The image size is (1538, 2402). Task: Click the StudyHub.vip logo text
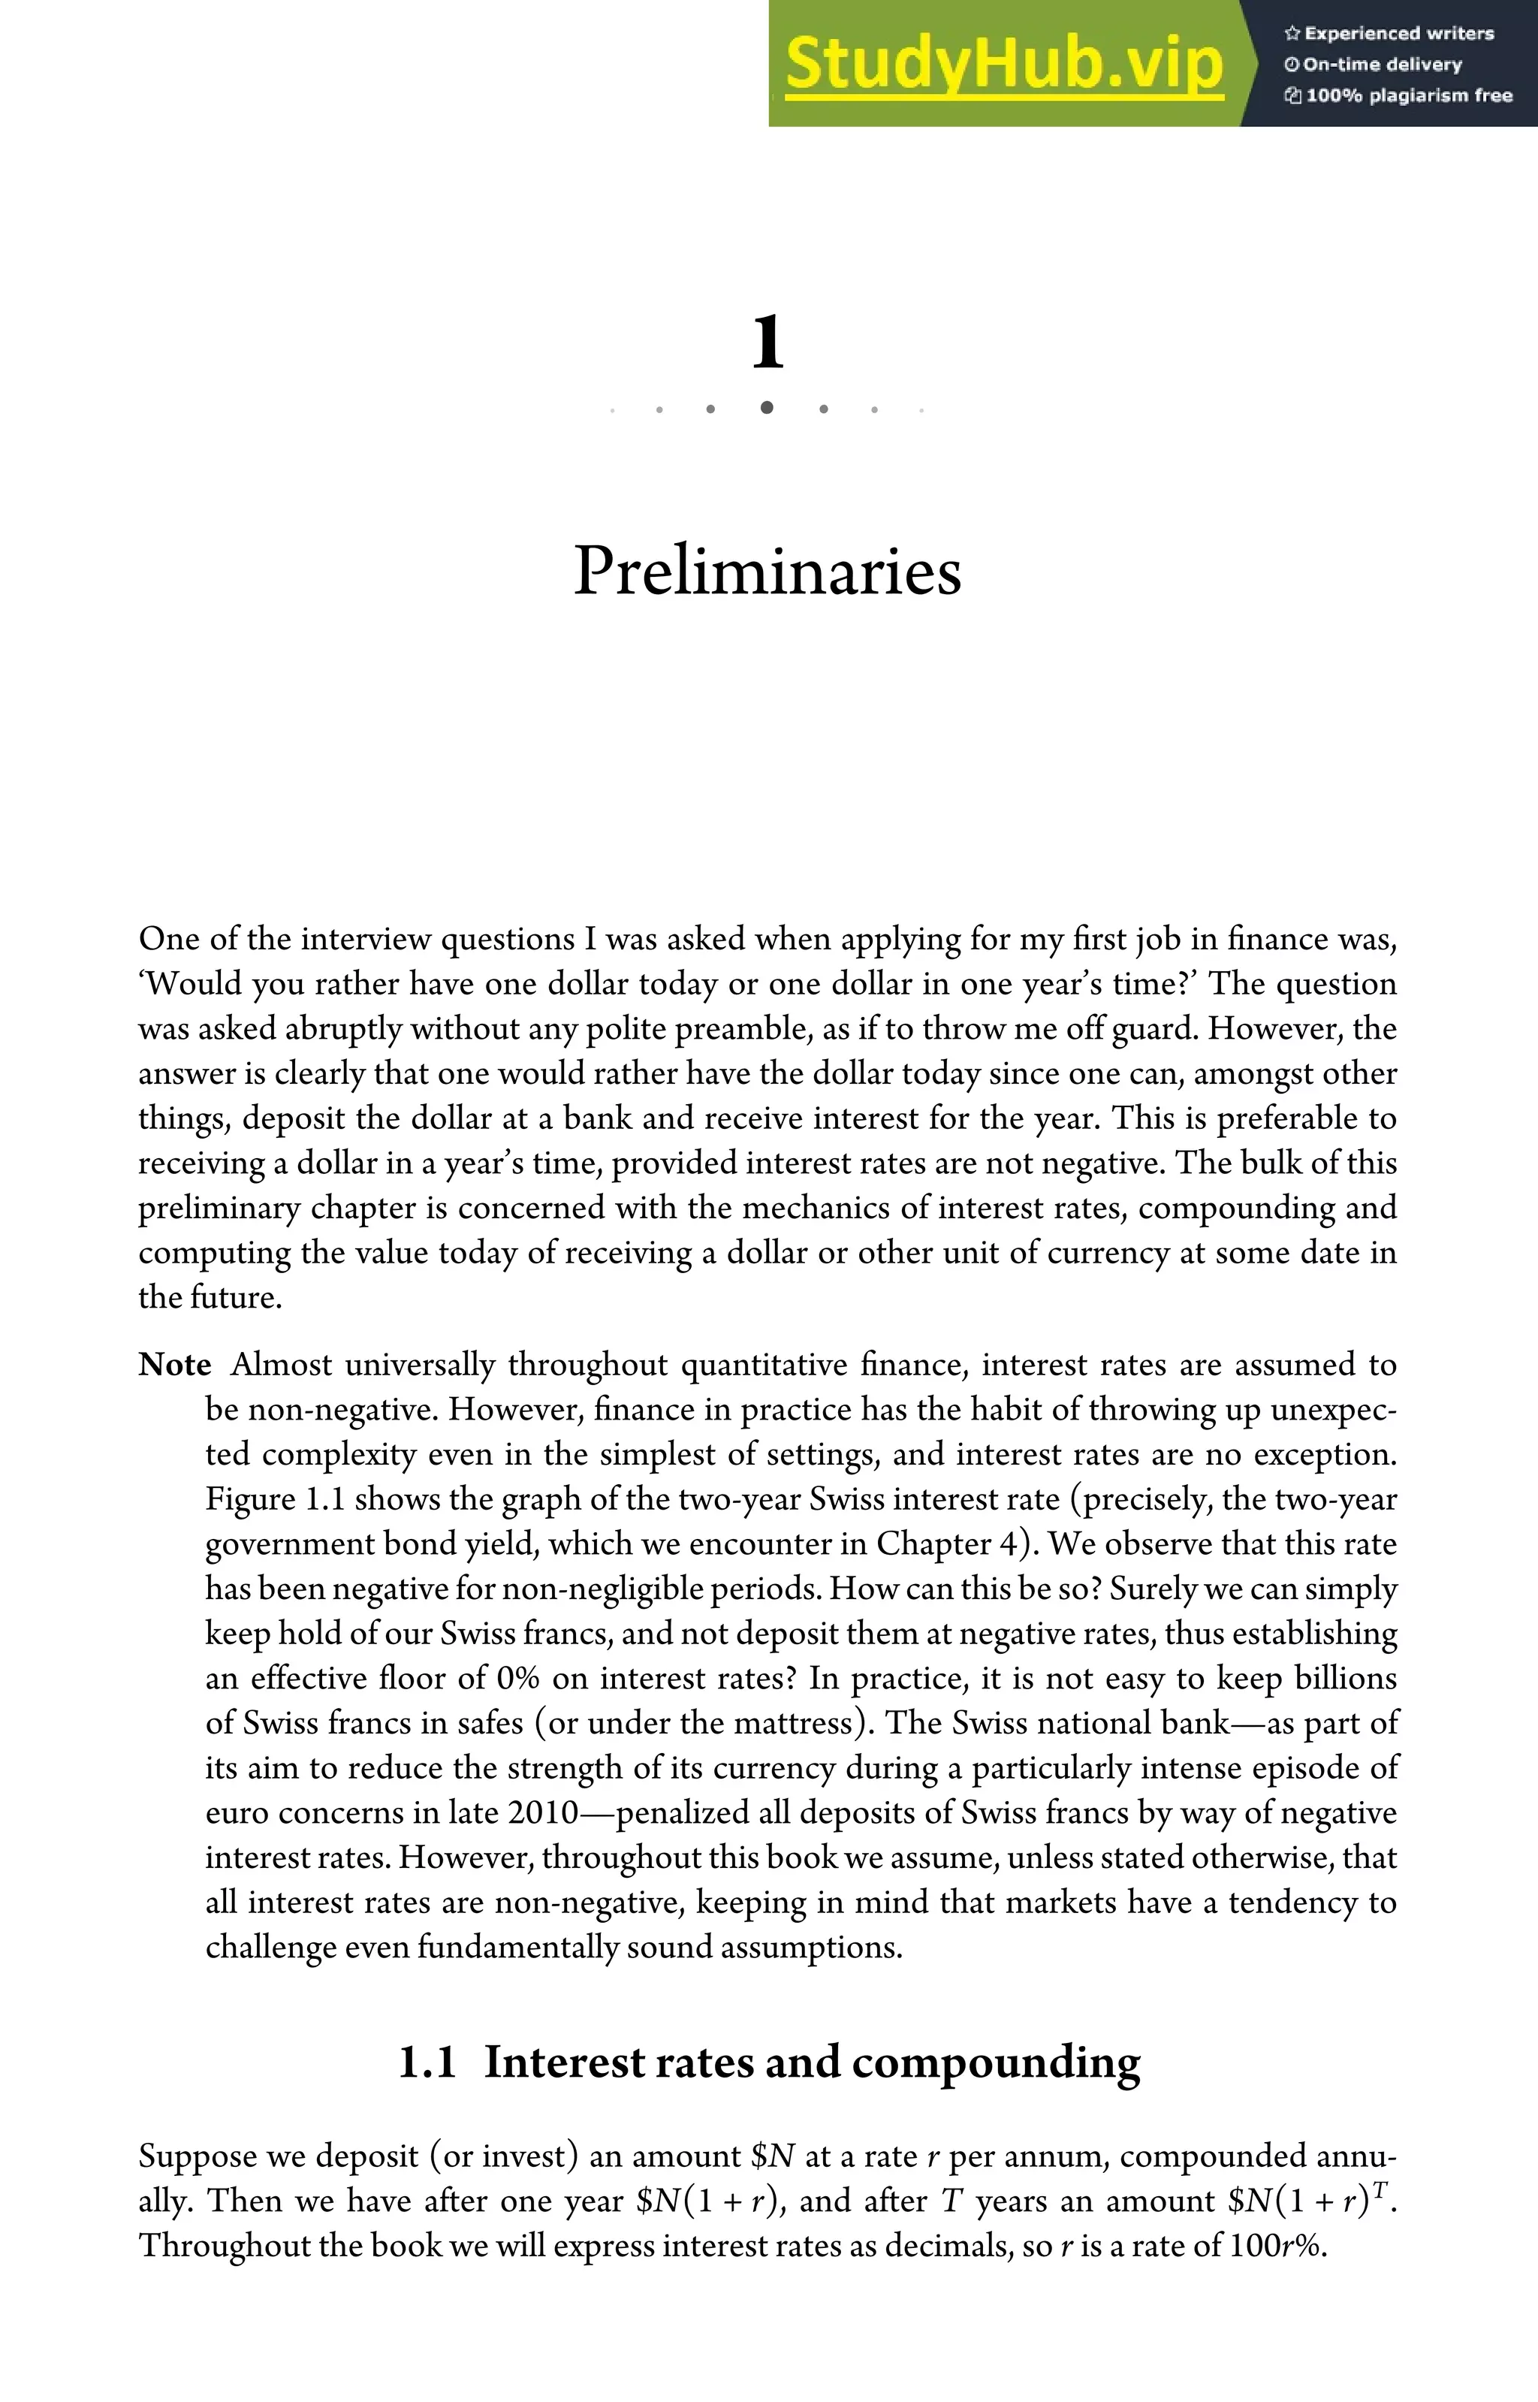[x=1004, y=65]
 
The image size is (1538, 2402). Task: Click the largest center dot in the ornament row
[x=766, y=408]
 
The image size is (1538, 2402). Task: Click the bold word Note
[x=175, y=1364]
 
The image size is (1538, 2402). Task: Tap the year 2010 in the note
[x=542, y=1812]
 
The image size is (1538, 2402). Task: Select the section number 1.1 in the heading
[x=427, y=2063]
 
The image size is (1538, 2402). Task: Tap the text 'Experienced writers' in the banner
[x=1398, y=34]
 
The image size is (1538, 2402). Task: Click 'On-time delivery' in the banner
[x=1383, y=65]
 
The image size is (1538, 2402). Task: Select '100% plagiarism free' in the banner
[x=1408, y=96]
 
